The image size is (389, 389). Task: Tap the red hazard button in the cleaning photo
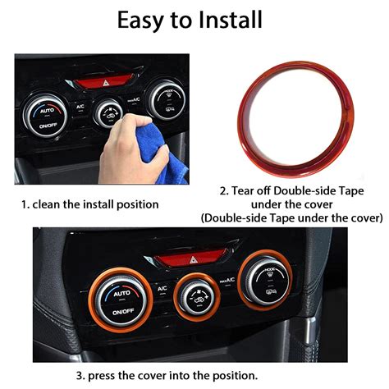pos(101,83)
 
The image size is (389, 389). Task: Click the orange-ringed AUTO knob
pos(121,300)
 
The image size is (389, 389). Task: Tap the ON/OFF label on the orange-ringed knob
pos(121,312)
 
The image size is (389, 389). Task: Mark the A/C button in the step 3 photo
pos(162,288)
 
